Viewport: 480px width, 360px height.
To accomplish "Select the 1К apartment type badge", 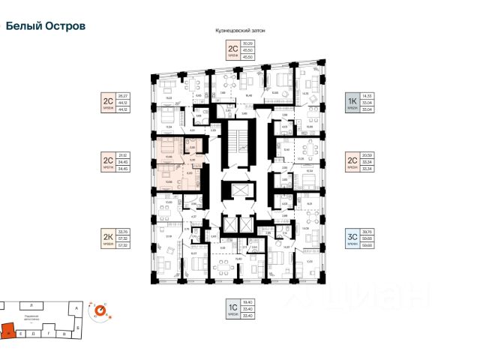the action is (x=350, y=101).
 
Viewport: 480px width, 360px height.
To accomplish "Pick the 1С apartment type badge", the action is (x=233, y=310).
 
